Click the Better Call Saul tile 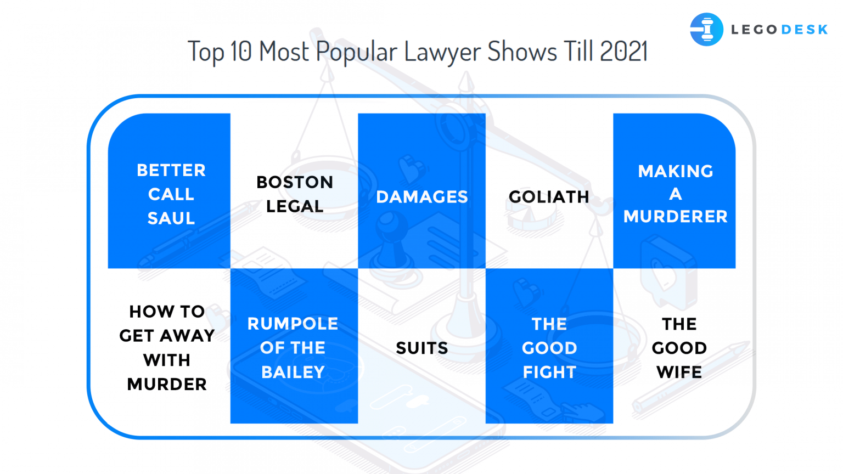(171, 194)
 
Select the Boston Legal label (295, 194)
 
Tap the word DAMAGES (422, 197)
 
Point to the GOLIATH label (549, 197)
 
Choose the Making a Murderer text (675, 194)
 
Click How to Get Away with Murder (167, 348)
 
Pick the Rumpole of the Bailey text (293, 348)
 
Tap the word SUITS (422, 348)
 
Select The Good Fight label (549, 348)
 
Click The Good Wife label (679, 348)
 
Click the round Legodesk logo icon (706, 29)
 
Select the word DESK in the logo (804, 30)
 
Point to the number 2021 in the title (623, 52)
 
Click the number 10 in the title (241, 52)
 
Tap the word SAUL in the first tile (171, 218)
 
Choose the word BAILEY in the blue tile (293, 373)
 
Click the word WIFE (679, 373)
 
